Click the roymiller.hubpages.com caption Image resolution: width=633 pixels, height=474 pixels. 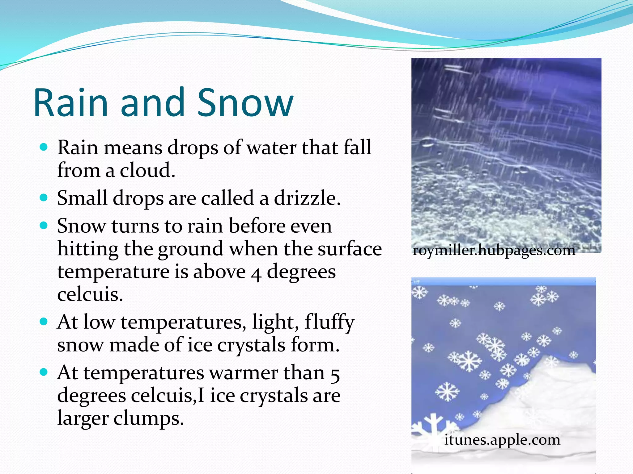click(494, 250)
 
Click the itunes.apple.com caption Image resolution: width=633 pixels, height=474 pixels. click(502, 439)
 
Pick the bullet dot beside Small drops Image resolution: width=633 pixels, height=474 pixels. click(44, 197)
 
